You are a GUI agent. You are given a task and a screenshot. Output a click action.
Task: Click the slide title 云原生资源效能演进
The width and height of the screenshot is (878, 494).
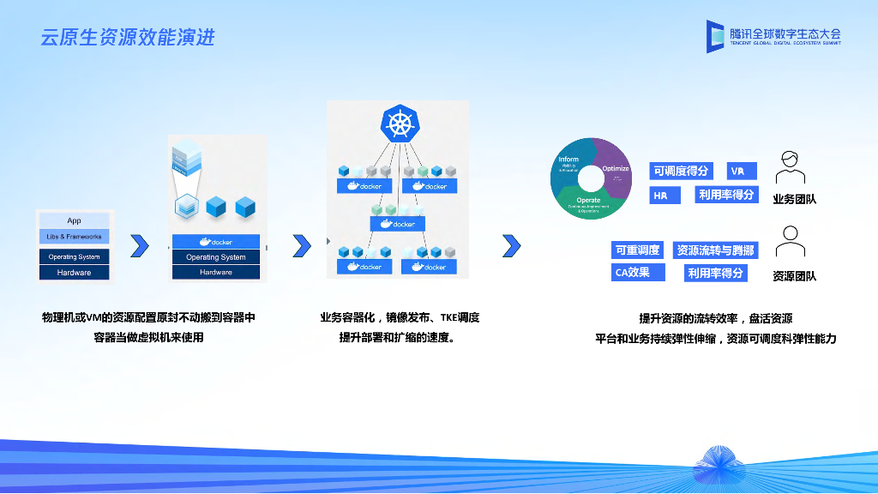pos(128,38)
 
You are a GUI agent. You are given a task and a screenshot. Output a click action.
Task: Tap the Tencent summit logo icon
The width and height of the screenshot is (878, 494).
pos(716,36)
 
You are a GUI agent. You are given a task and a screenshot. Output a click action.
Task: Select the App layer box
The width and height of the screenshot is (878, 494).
pos(75,220)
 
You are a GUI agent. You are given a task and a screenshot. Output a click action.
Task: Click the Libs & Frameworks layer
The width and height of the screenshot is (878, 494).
pos(75,237)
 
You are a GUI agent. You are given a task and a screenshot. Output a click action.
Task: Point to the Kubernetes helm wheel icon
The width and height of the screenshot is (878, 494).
pos(398,124)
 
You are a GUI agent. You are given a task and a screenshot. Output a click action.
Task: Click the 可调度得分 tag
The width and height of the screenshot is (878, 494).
pos(681,171)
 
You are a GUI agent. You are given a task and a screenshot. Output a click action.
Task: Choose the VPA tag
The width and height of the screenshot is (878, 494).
pos(738,171)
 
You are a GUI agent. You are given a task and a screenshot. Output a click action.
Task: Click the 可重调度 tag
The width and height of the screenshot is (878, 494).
pos(637,250)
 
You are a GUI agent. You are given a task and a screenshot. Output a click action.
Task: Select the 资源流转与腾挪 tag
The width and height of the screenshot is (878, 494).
pos(715,250)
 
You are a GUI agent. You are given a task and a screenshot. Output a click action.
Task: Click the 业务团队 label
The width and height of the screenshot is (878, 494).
pos(794,199)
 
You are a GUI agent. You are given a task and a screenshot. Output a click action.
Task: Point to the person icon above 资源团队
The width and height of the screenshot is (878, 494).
pos(790,241)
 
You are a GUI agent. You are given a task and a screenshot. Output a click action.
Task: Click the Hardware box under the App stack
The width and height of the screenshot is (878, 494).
pos(75,273)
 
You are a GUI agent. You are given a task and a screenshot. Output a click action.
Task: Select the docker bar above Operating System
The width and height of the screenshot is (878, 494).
pos(216,242)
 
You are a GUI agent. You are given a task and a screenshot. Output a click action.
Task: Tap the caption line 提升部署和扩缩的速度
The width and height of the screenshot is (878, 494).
pos(397,337)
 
